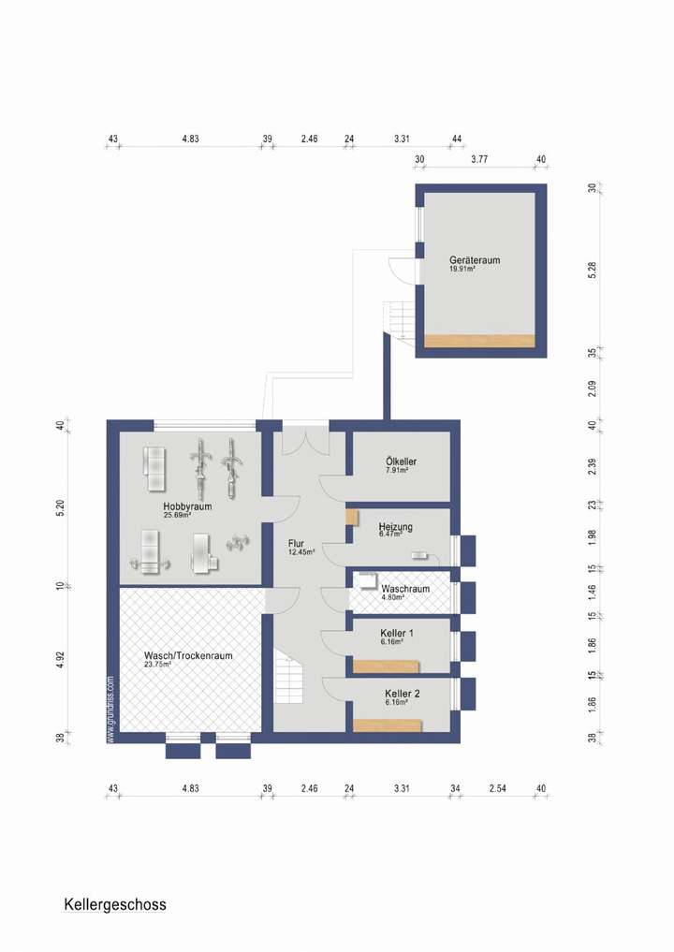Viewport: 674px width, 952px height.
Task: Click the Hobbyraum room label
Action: click(186, 505)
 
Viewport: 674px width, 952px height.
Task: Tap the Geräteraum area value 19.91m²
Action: click(462, 270)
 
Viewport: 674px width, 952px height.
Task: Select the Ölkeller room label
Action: click(401, 461)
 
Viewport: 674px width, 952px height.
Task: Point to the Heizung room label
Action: click(395, 526)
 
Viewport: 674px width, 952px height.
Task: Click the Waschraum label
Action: click(405, 589)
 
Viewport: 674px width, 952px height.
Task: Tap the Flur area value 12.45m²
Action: click(301, 552)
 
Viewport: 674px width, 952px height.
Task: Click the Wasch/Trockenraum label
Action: click(188, 655)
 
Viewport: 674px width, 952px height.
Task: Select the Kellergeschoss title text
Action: click(115, 904)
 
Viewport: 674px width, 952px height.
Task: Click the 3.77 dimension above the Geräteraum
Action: click(479, 160)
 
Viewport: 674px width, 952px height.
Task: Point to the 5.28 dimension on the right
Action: click(592, 268)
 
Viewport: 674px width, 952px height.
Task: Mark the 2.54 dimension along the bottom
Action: click(497, 789)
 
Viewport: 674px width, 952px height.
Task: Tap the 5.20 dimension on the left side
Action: click(60, 508)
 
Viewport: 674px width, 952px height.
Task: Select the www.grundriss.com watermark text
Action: click(111, 709)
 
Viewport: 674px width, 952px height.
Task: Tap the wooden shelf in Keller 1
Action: click(387, 666)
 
